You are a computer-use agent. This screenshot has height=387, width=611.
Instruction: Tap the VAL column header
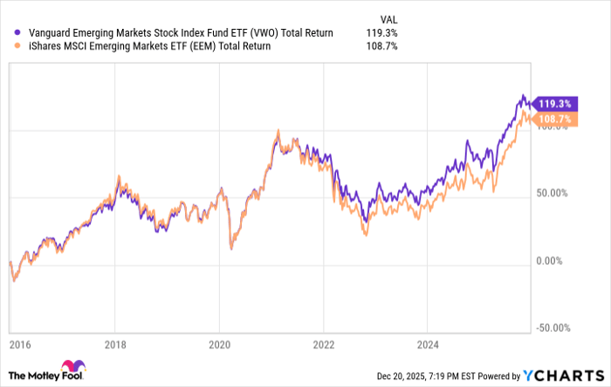[387, 17]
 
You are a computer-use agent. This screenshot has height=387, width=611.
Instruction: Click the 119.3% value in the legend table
[383, 33]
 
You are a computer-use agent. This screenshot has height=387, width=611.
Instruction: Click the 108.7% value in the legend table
[383, 46]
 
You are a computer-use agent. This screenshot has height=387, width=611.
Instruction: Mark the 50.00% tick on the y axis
[553, 193]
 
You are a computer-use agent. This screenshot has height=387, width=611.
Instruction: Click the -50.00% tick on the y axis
[553, 328]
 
